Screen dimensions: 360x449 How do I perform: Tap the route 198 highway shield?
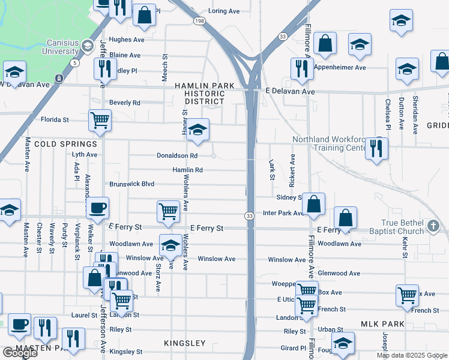coord(199,21)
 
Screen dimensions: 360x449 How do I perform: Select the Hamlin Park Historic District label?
coord(204,93)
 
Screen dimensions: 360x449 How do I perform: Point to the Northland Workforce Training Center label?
coord(328,143)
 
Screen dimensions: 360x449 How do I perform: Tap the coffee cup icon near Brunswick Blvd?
coord(97,209)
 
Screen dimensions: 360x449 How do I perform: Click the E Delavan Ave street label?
coord(290,92)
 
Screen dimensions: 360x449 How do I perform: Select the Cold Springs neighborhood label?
coord(65,144)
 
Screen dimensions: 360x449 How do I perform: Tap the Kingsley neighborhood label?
coord(185,344)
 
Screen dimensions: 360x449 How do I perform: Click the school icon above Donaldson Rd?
coord(197,130)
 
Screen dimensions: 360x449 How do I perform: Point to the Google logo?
coord(20,353)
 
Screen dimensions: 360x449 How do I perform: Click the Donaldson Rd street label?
coord(177,155)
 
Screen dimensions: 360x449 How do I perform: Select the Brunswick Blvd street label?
coord(131,184)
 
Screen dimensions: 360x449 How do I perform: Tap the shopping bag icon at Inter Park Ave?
coord(313,204)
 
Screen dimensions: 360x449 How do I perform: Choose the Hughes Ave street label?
coord(127,40)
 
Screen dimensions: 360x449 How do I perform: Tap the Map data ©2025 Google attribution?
coord(412,355)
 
